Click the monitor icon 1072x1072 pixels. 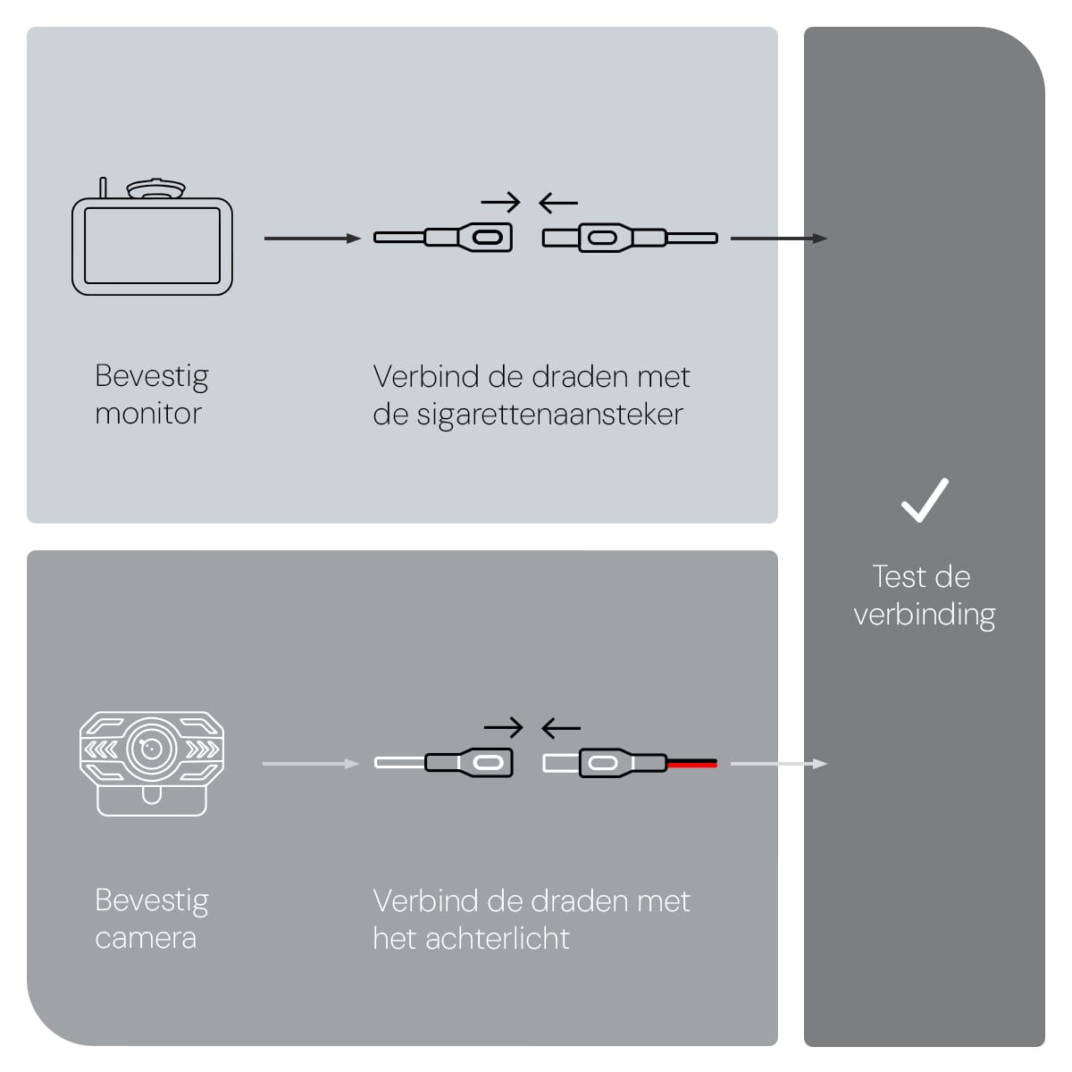(152, 246)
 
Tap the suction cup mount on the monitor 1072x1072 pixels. (155, 189)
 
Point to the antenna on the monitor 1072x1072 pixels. (103, 188)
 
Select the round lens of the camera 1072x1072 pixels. (151, 748)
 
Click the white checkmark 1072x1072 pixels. (924, 500)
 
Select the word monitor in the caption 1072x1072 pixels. (148, 414)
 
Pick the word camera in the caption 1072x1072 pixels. (146, 938)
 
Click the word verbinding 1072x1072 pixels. (924, 615)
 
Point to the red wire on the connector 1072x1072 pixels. (691, 764)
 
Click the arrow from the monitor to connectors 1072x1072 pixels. (312, 239)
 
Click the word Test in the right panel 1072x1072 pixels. (899, 577)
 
